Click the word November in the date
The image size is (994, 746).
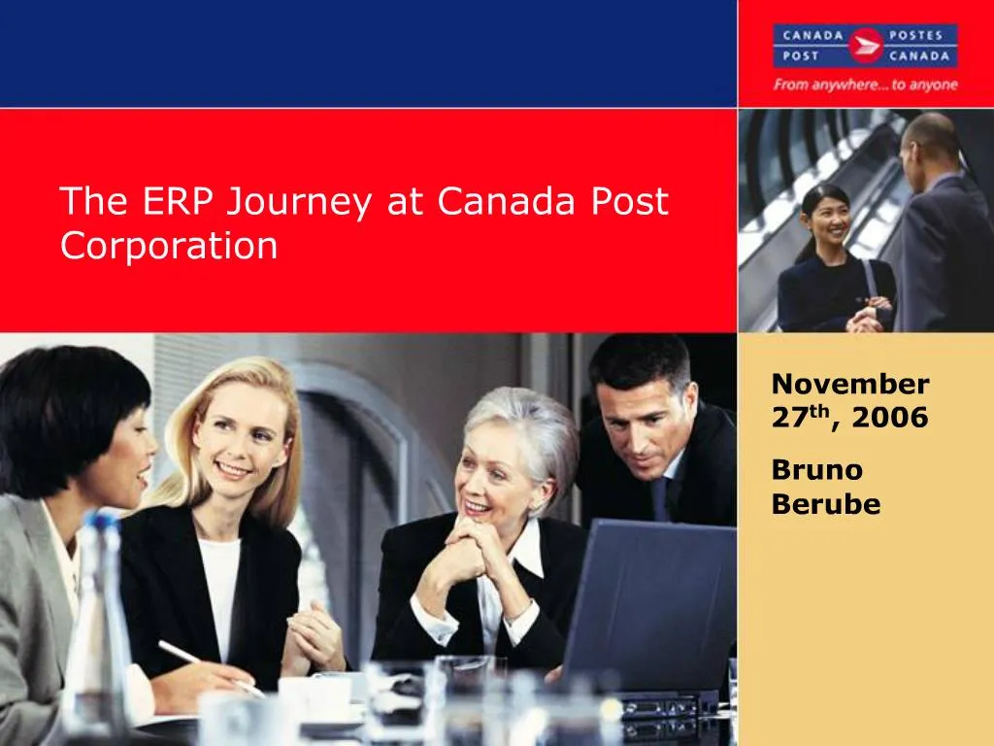tap(850, 385)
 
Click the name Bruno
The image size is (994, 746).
tap(817, 470)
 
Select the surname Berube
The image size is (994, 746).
tap(826, 504)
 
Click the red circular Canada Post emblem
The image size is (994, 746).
tap(865, 45)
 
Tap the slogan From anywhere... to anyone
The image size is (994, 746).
tap(865, 85)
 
